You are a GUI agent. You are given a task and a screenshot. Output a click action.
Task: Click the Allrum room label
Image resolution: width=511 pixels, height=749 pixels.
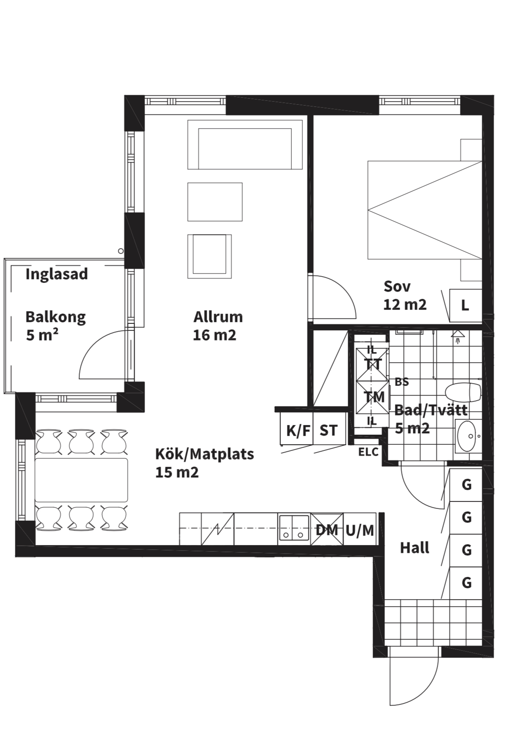tap(218, 317)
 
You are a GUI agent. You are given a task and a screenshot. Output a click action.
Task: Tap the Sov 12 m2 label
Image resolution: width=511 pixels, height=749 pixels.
tap(405, 295)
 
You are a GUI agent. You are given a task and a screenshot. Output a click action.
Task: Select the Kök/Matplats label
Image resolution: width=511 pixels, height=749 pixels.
tap(204, 454)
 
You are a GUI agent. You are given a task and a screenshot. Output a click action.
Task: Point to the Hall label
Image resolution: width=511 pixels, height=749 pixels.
tap(414, 548)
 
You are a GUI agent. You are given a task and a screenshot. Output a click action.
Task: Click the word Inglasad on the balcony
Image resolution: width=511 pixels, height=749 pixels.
tap(57, 275)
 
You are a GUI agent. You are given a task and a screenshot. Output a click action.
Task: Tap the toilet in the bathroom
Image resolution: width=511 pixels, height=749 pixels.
tap(463, 392)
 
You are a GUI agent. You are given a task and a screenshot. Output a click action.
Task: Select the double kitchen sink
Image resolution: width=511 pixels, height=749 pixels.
tap(294, 529)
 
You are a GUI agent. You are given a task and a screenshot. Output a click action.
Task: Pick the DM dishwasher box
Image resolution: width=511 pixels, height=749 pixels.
tap(327, 529)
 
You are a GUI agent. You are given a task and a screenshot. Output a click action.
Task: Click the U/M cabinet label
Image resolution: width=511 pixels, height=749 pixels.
tap(360, 530)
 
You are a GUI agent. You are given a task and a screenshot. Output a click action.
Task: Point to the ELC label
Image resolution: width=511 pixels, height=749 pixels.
tap(368, 452)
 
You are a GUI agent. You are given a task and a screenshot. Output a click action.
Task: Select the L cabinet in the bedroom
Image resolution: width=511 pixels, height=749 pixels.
tap(466, 305)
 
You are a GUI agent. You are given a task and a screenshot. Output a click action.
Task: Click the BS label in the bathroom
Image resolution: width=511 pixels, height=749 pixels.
tap(401, 382)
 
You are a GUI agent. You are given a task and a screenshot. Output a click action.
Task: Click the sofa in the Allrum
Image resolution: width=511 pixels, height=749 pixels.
tap(245, 144)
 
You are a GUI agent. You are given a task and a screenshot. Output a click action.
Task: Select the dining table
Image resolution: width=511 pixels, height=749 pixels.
tap(81, 480)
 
